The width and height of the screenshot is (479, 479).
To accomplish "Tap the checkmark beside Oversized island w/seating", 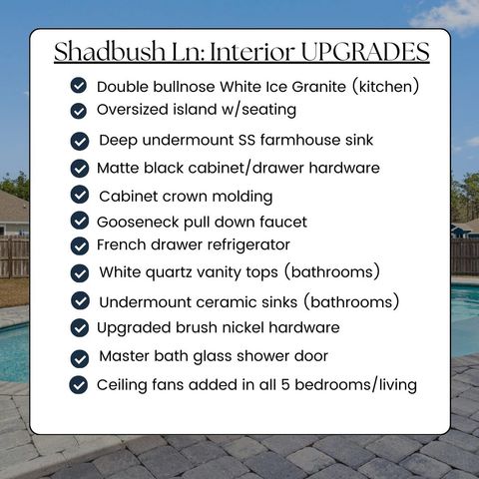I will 79,110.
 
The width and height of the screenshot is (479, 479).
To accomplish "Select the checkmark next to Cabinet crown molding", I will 80,195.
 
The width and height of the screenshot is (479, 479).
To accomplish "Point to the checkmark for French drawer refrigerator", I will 79,245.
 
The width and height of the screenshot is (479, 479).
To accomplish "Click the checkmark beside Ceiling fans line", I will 79,384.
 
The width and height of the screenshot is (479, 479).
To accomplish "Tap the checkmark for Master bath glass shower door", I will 80,356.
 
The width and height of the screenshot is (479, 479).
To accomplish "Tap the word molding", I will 240,196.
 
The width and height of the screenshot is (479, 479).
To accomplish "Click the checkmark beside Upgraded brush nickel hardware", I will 79,327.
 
